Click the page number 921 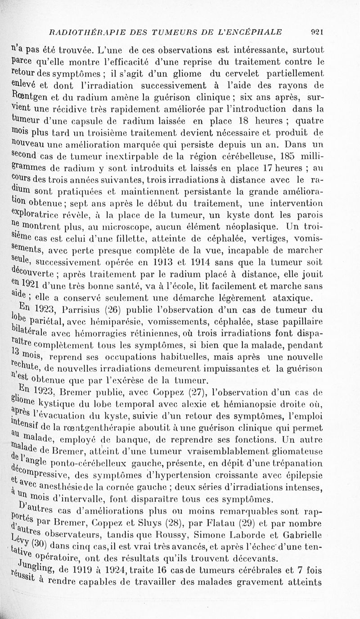[x=318, y=32]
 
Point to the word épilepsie [x=303, y=475]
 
